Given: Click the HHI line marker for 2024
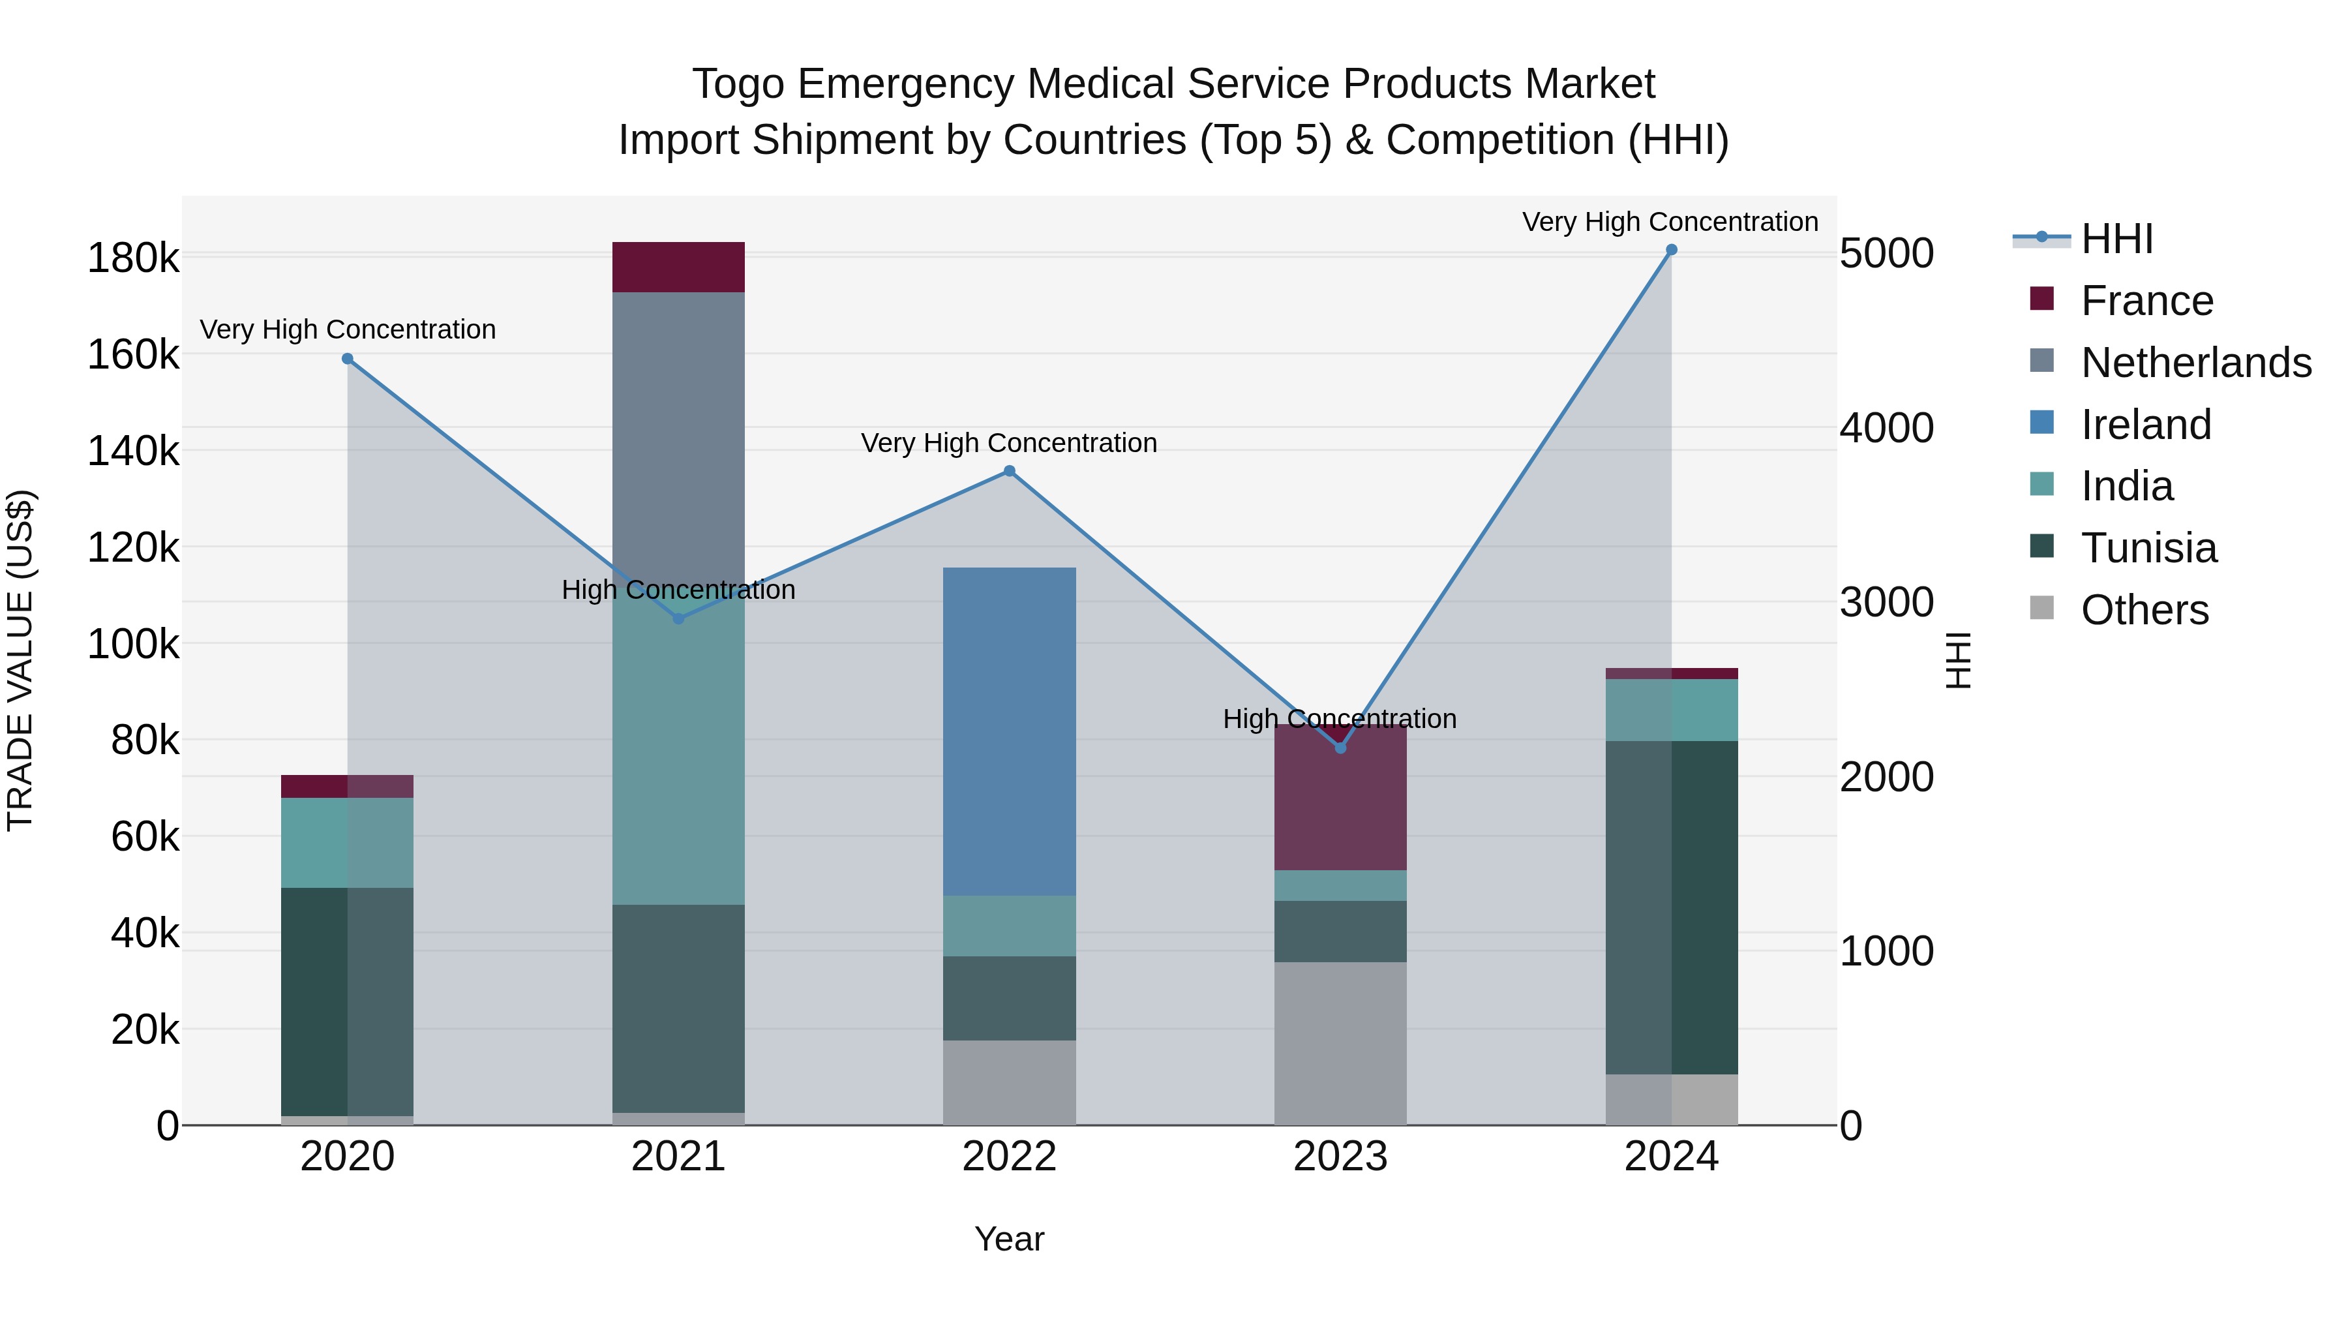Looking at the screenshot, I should [x=1671, y=250].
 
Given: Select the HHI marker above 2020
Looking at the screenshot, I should [x=347, y=359].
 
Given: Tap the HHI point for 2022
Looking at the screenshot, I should [x=1009, y=472].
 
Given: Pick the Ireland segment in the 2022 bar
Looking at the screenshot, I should [x=1009, y=729].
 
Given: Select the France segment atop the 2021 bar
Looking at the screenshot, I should [x=678, y=267].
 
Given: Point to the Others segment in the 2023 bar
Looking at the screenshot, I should [x=1340, y=1043].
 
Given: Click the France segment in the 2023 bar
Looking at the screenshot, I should [x=1340, y=802].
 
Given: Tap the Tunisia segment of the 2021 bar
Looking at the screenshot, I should [x=678, y=1007].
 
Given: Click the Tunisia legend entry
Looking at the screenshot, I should [x=2148, y=548].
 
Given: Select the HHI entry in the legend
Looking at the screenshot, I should [x=2116, y=239].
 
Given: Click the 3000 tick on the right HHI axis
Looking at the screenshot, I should [x=1886, y=603].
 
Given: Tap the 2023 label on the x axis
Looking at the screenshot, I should [x=1340, y=1157].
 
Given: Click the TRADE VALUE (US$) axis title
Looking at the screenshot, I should [x=20, y=660].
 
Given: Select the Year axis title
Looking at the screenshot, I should [x=1009, y=1239].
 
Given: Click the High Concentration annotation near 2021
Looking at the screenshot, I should [x=678, y=590].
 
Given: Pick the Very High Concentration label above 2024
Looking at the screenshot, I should [x=1669, y=222].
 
